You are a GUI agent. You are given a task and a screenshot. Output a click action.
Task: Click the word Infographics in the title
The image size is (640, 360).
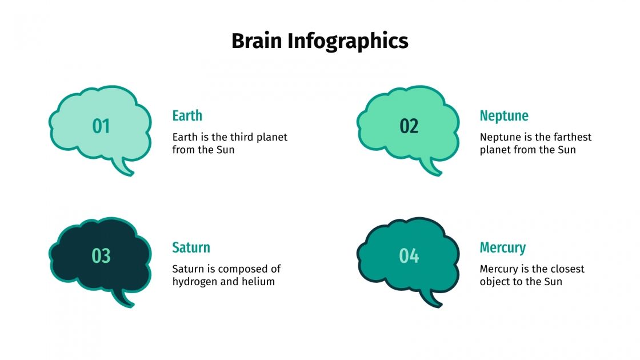[x=347, y=41]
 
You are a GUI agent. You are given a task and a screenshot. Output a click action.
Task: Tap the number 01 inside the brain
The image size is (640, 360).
[x=101, y=126]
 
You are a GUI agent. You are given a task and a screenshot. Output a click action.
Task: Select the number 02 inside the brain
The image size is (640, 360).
[x=409, y=126]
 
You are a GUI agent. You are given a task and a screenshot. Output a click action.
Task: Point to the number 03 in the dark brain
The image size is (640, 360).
[x=101, y=256]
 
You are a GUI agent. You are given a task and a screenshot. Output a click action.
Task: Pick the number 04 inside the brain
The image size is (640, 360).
[x=409, y=256]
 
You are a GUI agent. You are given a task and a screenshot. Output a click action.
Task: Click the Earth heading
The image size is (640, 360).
[x=187, y=116]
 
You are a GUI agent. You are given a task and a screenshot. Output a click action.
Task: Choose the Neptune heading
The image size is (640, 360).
[x=504, y=116]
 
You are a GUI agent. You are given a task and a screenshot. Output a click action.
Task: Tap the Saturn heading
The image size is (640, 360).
[x=191, y=247]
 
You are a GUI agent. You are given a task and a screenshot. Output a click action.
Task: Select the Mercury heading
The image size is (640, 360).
[x=502, y=247]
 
